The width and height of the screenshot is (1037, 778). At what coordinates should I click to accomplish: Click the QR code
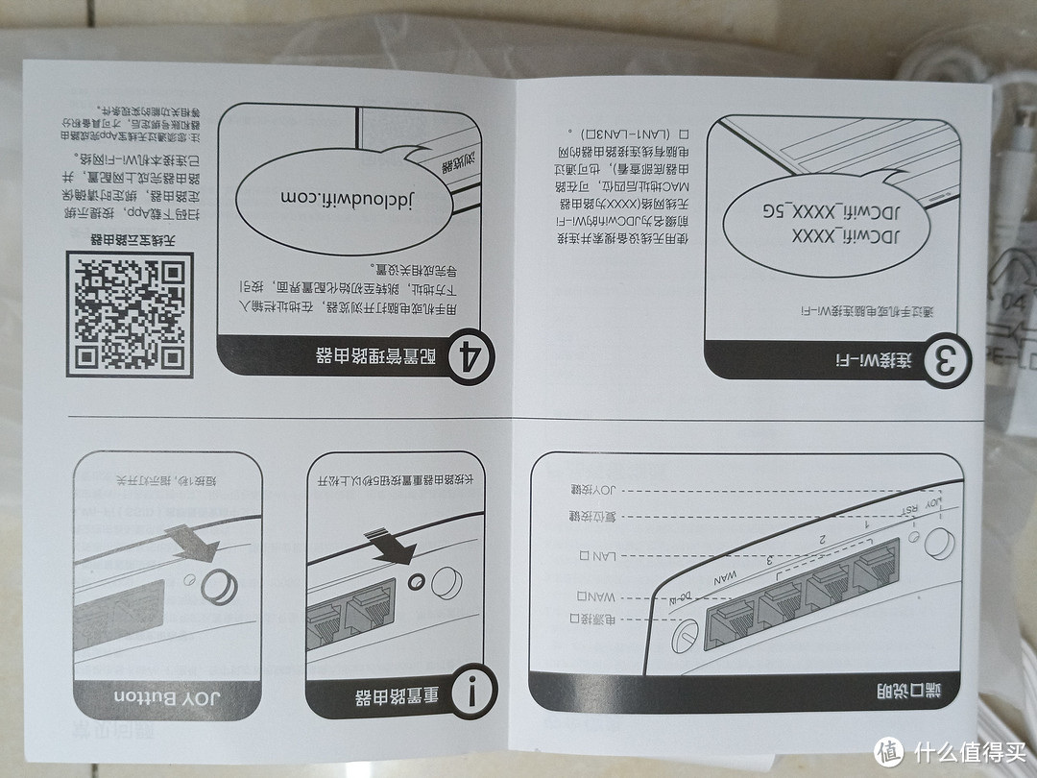tap(129, 314)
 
